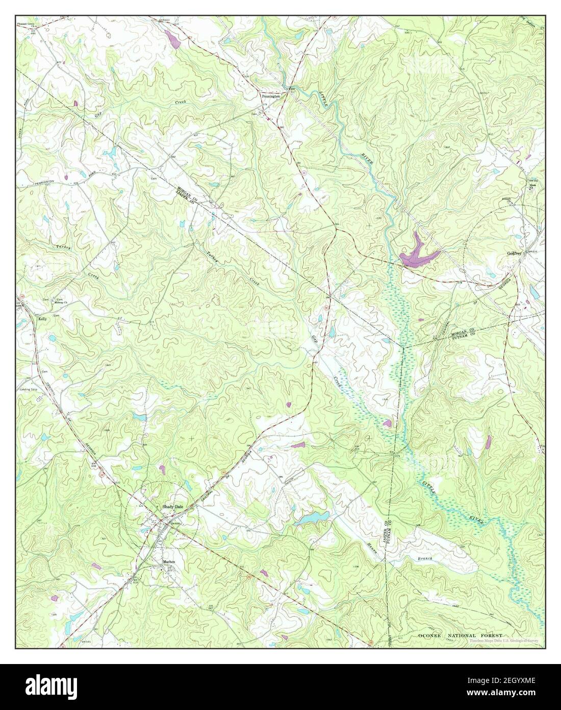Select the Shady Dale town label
pyautogui.click(x=172, y=506)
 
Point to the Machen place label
pyautogui.click(x=169, y=561)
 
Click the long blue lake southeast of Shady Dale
pyautogui.click(x=313, y=519)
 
